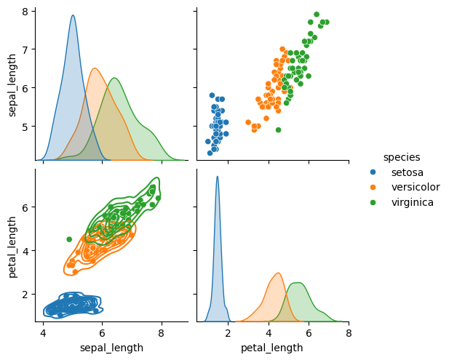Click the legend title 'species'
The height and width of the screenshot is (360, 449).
click(x=402, y=157)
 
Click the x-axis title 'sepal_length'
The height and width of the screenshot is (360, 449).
click(x=111, y=348)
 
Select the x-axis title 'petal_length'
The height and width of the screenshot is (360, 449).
click(x=272, y=348)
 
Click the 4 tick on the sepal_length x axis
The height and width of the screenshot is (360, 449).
click(x=43, y=333)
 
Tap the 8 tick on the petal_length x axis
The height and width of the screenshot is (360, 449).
click(x=349, y=333)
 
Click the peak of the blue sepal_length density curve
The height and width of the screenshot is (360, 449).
click(x=73, y=15)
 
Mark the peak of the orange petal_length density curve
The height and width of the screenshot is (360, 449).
click(x=278, y=273)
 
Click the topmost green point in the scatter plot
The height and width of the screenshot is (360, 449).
click(x=317, y=14)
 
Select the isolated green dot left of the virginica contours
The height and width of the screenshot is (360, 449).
click(x=69, y=239)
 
